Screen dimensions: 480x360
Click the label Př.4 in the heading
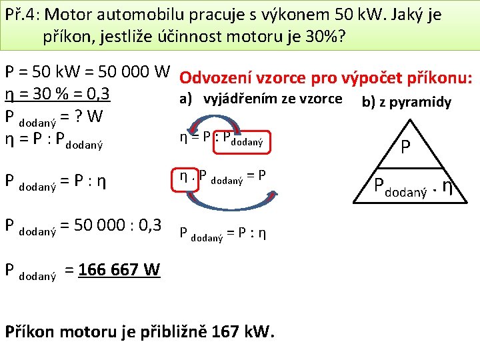pos(23,14)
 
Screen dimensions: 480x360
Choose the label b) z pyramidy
pos(406,102)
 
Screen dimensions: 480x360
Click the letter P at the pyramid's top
pos(405,147)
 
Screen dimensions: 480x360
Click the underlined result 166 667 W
pos(119,269)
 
